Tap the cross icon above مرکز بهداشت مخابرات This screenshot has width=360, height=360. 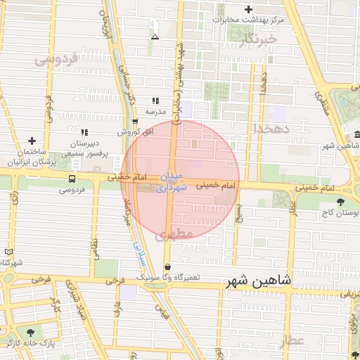248,9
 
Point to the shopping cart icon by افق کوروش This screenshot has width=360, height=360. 135,121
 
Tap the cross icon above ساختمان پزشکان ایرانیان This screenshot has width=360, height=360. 32,141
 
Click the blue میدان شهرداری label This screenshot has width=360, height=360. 172,181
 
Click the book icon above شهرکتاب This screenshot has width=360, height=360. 8,252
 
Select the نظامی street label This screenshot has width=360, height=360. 95,241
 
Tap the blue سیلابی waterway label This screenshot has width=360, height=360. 138,252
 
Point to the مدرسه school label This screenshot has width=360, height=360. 155,112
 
